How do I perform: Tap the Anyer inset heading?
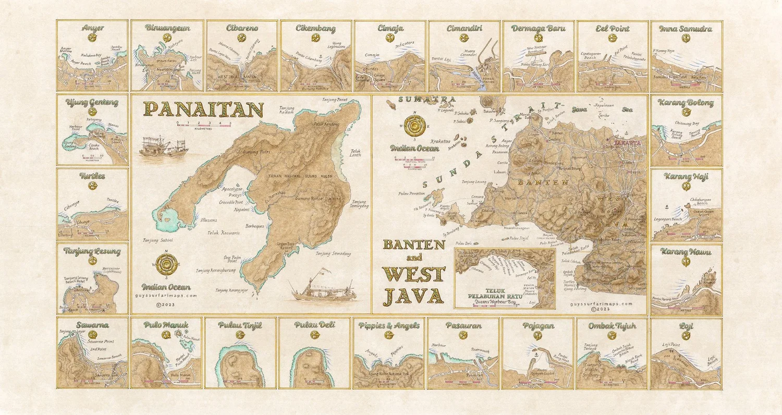pos(92,29)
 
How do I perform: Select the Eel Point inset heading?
pos(612,29)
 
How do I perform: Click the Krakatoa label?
pos(440,141)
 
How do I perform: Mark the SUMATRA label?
pos(419,99)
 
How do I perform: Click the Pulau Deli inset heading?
pos(314,325)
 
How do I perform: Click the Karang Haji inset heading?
pos(686,177)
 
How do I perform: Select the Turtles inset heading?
pos(92,176)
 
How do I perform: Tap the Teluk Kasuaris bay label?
pos(224,233)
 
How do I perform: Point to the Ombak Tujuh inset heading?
pos(612,325)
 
